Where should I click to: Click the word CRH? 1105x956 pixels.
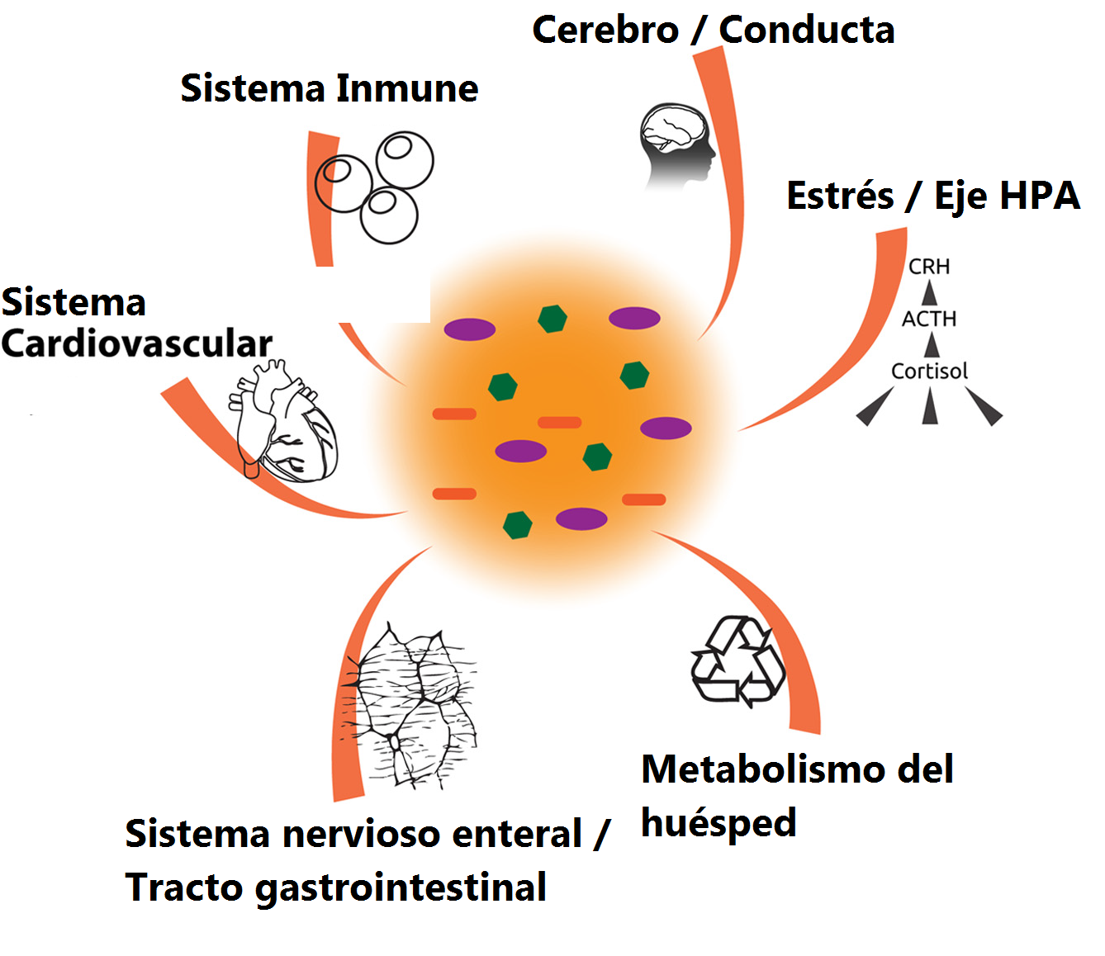929,267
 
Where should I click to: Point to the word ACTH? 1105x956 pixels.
929,319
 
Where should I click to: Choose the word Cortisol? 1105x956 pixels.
929,372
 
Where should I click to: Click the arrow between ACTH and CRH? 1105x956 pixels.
930,292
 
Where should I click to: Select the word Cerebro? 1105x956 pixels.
605,31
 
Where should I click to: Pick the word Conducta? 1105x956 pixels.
807,31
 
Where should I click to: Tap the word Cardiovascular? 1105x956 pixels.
136,344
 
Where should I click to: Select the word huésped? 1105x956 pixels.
718,824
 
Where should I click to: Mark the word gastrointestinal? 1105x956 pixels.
401,888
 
